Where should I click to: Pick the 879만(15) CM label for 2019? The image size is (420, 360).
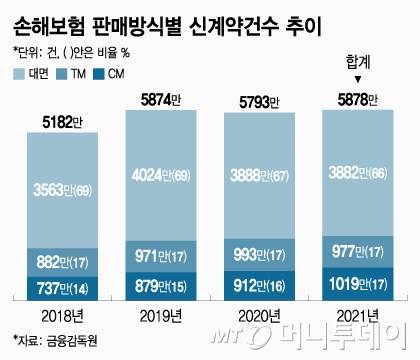click(164, 283)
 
